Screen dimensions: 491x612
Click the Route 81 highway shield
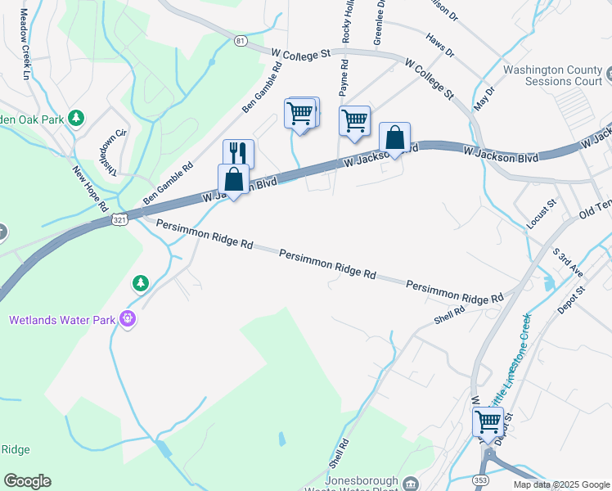239,40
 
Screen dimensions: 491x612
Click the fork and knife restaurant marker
238,153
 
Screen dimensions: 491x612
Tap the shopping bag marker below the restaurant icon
233,179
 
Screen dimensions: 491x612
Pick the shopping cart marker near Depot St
488,423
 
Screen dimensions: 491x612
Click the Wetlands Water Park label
62,320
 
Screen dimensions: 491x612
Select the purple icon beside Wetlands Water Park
127,319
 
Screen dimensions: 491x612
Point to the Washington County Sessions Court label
552,76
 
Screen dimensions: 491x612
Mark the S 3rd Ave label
567,263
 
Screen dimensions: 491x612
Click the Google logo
27,481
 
